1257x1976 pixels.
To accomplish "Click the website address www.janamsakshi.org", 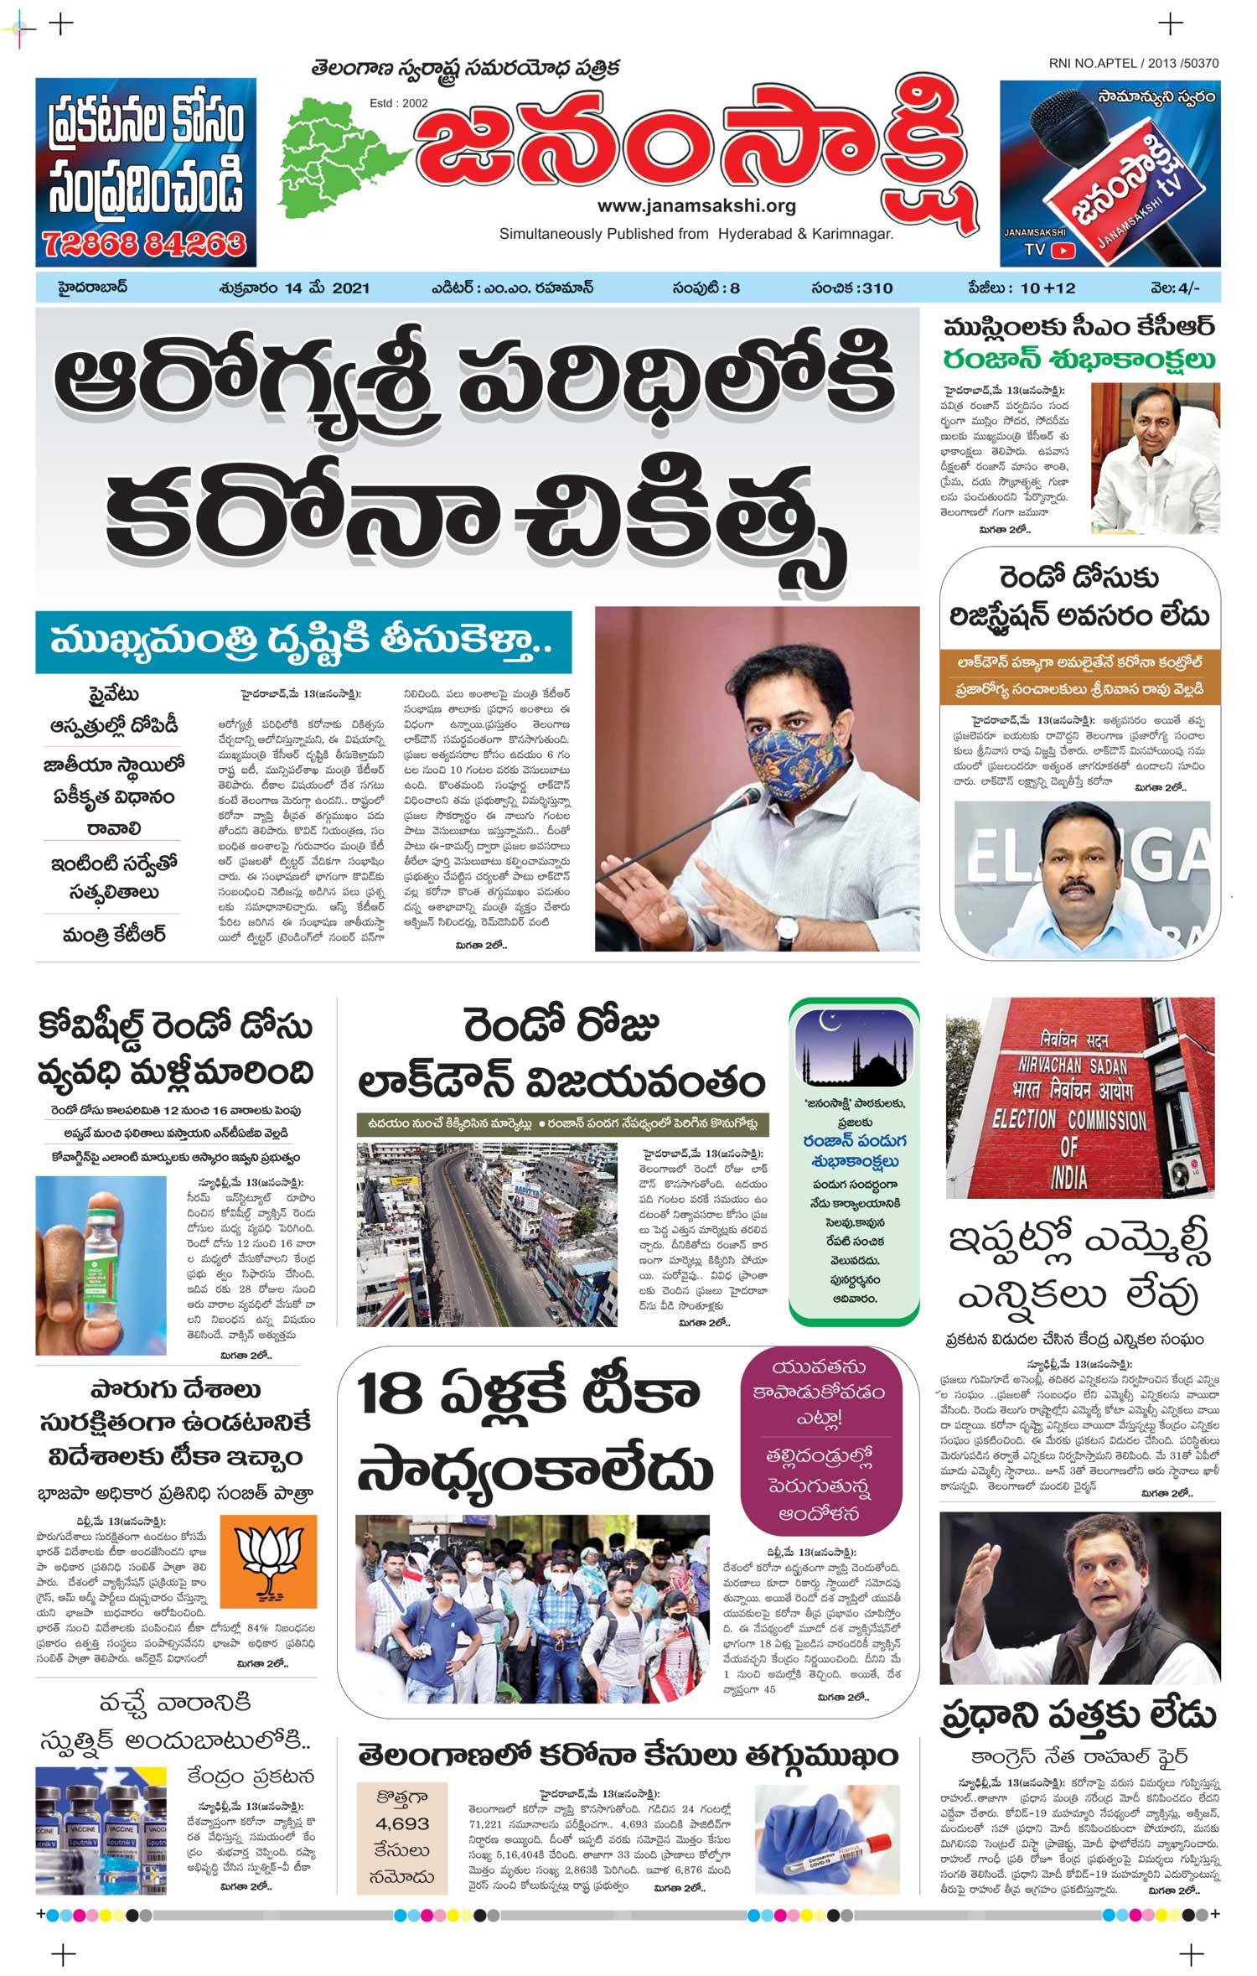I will pos(696,206).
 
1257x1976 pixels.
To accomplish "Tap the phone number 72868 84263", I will pos(144,244).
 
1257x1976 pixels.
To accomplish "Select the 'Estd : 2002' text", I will pos(398,103).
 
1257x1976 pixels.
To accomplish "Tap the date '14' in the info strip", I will pos(292,288).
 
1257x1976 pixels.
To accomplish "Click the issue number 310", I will pos(877,288).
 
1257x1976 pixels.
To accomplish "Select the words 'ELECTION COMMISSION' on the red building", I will pos(1068,1120).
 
